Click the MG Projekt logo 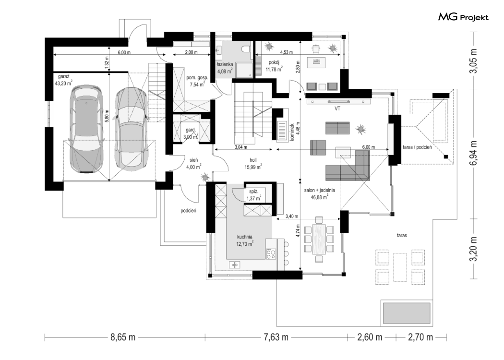(x=463, y=17)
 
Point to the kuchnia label (x=245, y=237)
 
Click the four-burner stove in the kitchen (x=271, y=254)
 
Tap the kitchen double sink (x=234, y=264)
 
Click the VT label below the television (x=337, y=108)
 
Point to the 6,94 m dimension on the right (x=473, y=153)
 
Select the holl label (x=253, y=160)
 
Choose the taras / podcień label (x=417, y=147)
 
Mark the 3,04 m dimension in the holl (x=241, y=147)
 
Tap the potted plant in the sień (x=205, y=177)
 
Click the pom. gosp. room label (x=197, y=78)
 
